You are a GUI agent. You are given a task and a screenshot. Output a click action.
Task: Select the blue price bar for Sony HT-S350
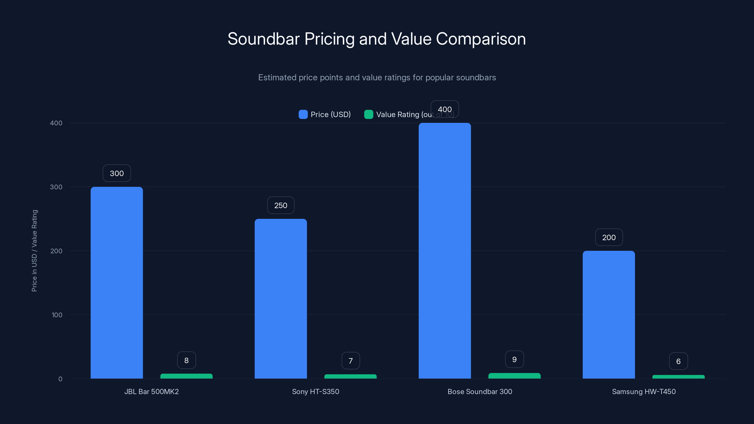tap(280, 298)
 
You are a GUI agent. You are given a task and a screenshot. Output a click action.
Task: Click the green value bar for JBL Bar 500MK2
tap(186, 376)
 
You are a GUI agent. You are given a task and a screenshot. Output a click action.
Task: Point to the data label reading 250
tap(280, 205)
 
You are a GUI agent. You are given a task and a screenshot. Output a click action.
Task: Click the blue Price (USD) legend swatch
tap(303, 114)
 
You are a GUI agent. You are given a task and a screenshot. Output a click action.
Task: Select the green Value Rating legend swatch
tap(368, 114)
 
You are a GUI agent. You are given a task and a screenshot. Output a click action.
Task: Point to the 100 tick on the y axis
tap(57, 315)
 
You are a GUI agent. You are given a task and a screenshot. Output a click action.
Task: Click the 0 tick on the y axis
tap(60, 379)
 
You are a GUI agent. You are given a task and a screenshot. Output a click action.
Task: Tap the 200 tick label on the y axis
tap(56, 251)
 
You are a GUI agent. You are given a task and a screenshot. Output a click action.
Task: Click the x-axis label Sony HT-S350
tap(315, 391)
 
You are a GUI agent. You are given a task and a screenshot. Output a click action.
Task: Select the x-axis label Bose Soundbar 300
tap(479, 391)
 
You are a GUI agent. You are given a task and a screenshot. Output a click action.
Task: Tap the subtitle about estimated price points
tap(377, 77)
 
